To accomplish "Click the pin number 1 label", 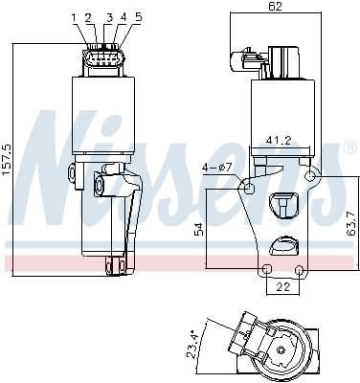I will pos(74,17).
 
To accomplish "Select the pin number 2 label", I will pos(88,17).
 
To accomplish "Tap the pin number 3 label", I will pos(109,17).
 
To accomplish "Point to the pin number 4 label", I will pos(123,17).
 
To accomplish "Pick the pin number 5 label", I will pos(138,17).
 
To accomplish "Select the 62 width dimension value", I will pos(277,8).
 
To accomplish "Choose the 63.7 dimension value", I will pos(350,224).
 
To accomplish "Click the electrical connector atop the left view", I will pos(102,60).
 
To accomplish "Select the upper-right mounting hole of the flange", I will pos(309,176).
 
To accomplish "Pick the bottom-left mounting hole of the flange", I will pos(267,268).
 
